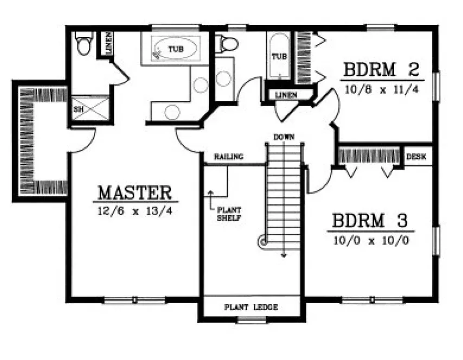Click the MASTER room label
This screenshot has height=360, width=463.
click(x=135, y=192)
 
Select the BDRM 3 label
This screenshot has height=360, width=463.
click(x=370, y=221)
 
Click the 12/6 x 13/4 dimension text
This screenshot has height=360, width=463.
click(x=135, y=210)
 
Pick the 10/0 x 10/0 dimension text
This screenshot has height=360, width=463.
click(x=370, y=239)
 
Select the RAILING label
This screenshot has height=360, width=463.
click(x=228, y=157)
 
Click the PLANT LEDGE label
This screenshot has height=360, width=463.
click(x=251, y=307)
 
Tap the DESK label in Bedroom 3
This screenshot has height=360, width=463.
click(x=416, y=157)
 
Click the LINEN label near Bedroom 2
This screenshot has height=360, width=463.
click(x=285, y=95)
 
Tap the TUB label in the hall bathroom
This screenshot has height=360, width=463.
click(x=279, y=56)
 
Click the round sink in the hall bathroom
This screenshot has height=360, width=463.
click(x=224, y=79)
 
